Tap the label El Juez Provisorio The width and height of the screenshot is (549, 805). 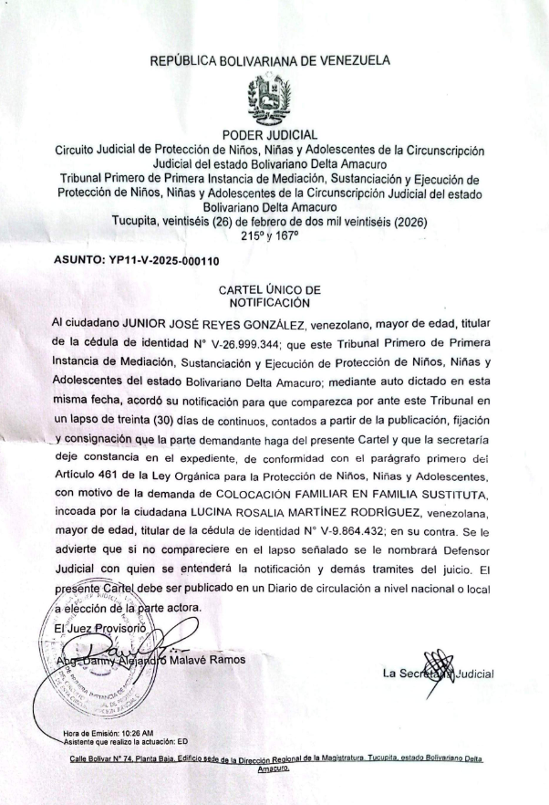(91, 629)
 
